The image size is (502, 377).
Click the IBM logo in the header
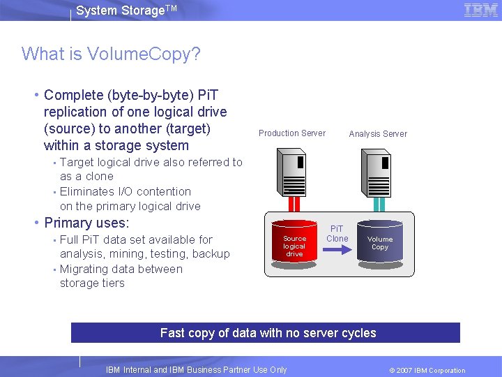(480, 10)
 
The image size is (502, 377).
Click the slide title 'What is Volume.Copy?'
(111, 54)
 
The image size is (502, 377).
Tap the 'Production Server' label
(291, 133)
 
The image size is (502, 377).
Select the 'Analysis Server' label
(378, 134)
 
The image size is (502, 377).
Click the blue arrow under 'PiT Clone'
(337, 250)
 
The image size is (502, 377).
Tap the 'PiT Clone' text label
(337, 233)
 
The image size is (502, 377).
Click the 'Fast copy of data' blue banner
(266, 333)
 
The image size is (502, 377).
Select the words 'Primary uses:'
(86, 223)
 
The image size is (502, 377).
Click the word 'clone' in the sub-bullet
(100, 177)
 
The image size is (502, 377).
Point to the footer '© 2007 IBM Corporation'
(427, 370)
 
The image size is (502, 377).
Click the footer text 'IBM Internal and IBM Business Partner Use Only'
(196, 370)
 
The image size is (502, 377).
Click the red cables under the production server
(294, 204)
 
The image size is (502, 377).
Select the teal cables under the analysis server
(379, 204)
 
